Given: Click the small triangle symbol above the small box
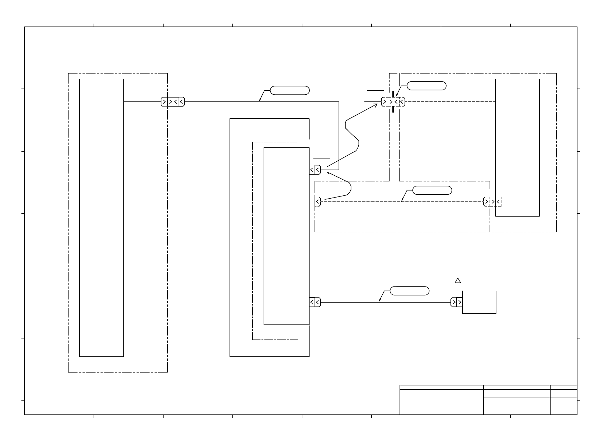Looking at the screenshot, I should [x=458, y=280].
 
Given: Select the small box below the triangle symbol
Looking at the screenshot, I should [x=479, y=302].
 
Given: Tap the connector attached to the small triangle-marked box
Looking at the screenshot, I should [x=456, y=302].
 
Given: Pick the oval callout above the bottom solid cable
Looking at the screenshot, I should [x=409, y=291].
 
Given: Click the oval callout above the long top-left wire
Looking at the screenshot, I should [x=289, y=90].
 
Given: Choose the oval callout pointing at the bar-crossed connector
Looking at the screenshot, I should [x=427, y=86].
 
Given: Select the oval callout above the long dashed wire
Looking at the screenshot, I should [x=432, y=190].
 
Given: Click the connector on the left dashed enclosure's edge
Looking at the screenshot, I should [x=173, y=102].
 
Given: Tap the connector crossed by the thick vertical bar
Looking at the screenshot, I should [x=393, y=102].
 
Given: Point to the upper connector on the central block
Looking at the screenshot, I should [x=315, y=170].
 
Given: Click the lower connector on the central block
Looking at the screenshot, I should [x=315, y=302].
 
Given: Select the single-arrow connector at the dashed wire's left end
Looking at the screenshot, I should [x=318, y=202].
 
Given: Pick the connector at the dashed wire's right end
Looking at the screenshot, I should [x=492, y=202].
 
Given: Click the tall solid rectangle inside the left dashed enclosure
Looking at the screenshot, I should [x=102, y=218].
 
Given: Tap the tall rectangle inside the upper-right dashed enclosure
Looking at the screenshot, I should [x=517, y=147].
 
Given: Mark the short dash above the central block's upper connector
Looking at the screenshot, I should [x=321, y=158].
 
